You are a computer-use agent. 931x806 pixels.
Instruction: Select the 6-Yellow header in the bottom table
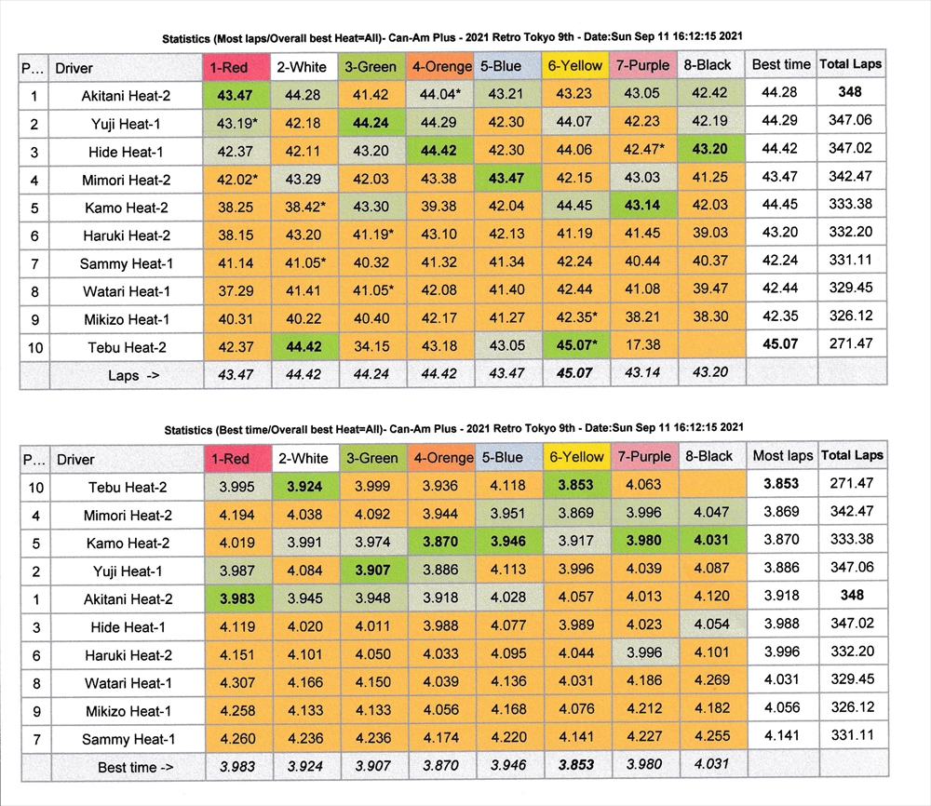click(x=576, y=457)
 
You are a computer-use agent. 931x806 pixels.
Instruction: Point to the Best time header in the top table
click(x=781, y=65)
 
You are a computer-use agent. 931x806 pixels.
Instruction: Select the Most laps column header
click(x=782, y=456)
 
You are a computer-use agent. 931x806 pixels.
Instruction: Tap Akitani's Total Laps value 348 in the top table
click(x=849, y=93)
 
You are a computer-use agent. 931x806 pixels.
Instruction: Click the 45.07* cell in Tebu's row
click(x=576, y=345)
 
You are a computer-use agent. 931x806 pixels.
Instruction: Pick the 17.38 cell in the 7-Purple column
click(x=642, y=345)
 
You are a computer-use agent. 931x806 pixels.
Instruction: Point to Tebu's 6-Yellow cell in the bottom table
click(x=576, y=485)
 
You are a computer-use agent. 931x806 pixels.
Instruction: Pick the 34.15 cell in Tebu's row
click(x=371, y=345)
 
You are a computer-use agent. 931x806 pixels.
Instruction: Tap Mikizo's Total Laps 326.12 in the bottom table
click(x=849, y=711)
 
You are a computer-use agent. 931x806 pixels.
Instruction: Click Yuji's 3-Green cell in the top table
click(x=371, y=122)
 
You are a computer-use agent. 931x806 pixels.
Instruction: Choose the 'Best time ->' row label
click(x=129, y=768)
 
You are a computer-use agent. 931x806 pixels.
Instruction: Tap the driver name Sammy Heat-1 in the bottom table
click(x=129, y=740)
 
